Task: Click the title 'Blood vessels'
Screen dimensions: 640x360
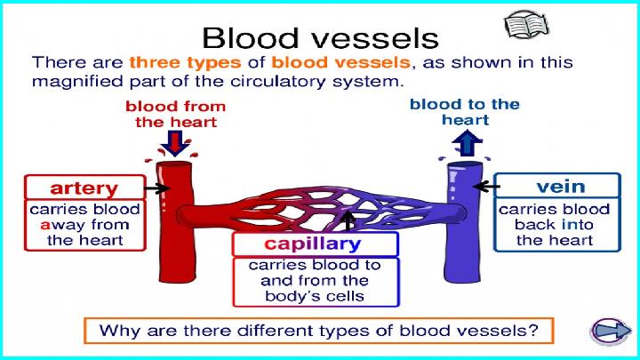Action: coord(320,38)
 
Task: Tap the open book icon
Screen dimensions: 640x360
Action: coord(526,25)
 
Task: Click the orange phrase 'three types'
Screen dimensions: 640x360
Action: coord(185,63)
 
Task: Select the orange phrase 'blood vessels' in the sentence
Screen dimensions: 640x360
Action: coord(340,62)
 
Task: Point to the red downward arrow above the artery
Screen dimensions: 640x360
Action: coord(175,143)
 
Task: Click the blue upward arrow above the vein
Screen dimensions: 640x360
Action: coord(468,143)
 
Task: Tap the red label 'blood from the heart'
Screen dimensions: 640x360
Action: coord(175,114)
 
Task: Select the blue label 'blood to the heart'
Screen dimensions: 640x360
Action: coord(465,112)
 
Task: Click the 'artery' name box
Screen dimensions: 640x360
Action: coord(85,188)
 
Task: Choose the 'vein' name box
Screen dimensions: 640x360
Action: coord(557,186)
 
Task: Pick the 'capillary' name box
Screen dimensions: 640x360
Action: coord(315,244)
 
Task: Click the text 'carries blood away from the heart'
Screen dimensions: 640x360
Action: coord(85,225)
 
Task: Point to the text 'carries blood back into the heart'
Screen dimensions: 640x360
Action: coord(555,225)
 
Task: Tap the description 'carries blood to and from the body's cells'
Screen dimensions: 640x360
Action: coord(315,280)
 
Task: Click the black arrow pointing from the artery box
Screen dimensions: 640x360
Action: coord(156,188)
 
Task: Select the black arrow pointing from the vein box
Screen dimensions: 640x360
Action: coord(486,187)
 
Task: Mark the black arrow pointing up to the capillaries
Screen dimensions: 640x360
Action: coord(348,220)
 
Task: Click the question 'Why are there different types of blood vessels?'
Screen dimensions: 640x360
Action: coord(319,331)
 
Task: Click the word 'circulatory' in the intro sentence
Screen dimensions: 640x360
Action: coord(277,81)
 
